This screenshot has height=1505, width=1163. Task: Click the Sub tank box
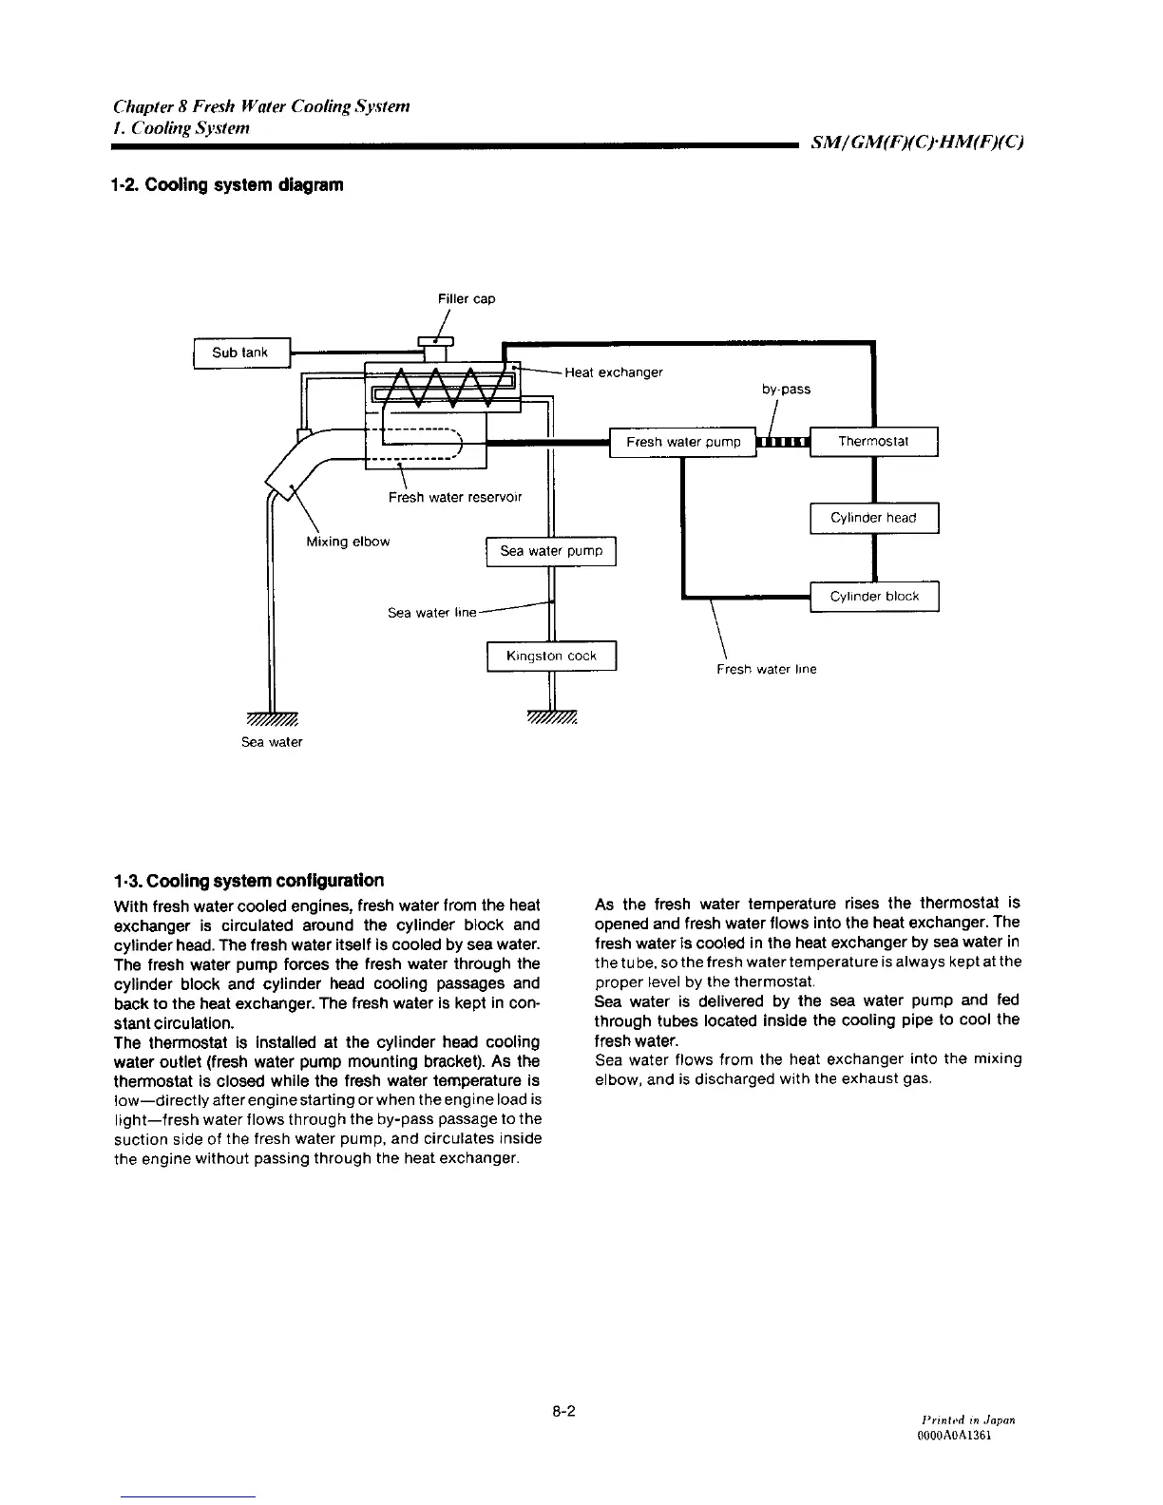[240, 352]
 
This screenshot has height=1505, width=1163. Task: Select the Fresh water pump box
[682, 442]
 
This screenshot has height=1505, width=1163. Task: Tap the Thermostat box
[873, 442]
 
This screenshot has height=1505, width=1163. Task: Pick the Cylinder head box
[873, 518]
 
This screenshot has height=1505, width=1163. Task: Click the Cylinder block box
[873, 597]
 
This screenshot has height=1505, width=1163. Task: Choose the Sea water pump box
[551, 551]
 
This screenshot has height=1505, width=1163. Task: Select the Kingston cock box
[551, 657]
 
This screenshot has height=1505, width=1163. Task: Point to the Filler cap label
[467, 299]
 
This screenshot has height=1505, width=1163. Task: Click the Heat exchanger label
[613, 372]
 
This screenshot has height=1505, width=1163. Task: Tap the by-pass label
[786, 390]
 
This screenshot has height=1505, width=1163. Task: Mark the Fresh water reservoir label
[454, 497]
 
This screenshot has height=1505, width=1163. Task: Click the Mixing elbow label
[348, 542]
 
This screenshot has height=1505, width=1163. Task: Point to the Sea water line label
[431, 613]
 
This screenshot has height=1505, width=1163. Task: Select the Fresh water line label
[766, 669]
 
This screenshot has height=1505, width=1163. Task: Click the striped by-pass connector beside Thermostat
[782, 442]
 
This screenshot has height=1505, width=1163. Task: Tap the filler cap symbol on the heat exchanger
[436, 343]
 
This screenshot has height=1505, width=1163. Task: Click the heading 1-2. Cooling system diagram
[226, 184]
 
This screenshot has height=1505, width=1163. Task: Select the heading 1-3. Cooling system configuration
[248, 880]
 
